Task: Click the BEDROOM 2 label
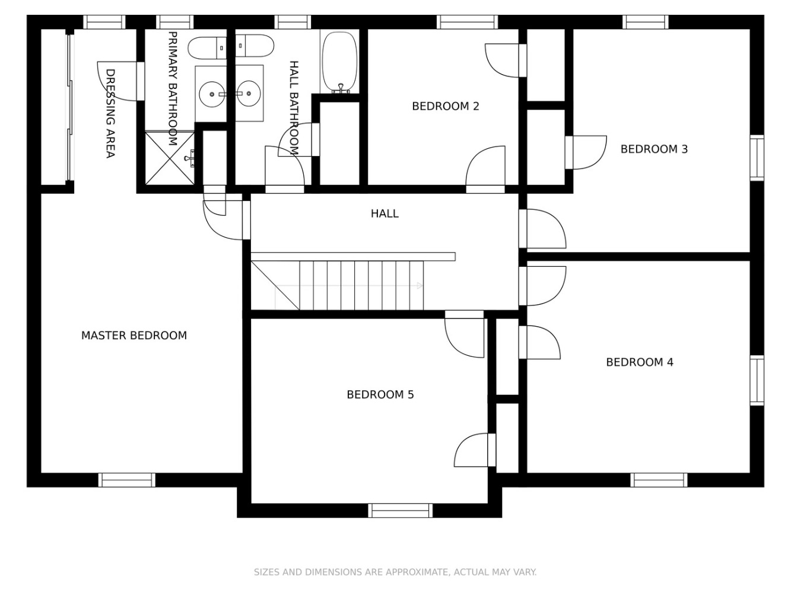pyautogui.click(x=446, y=106)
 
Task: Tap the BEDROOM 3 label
pyautogui.click(x=654, y=149)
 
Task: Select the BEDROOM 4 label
pyautogui.click(x=640, y=362)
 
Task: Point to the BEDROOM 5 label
pyautogui.click(x=380, y=394)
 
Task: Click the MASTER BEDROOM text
pyautogui.click(x=134, y=336)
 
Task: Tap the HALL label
pyautogui.click(x=385, y=213)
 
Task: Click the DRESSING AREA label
pyautogui.click(x=110, y=113)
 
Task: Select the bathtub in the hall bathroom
pyautogui.click(x=339, y=62)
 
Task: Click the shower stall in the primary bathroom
pyautogui.click(x=170, y=158)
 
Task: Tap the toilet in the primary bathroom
pyautogui.click(x=207, y=47)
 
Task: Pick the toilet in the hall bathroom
pyautogui.click(x=255, y=46)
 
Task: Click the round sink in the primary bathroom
pyautogui.click(x=212, y=94)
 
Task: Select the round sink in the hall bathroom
pyautogui.click(x=249, y=94)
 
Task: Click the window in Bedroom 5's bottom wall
pyautogui.click(x=400, y=510)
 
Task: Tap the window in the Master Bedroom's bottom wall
pyautogui.click(x=127, y=480)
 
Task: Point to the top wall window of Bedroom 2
pyautogui.click(x=468, y=22)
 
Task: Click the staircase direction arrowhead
pyautogui.click(x=420, y=285)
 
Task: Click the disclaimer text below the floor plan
pyautogui.click(x=395, y=572)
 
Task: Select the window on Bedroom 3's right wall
pyautogui.click(x=757, y=158)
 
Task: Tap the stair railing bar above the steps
pyautogui.click(x=353, y=256)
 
